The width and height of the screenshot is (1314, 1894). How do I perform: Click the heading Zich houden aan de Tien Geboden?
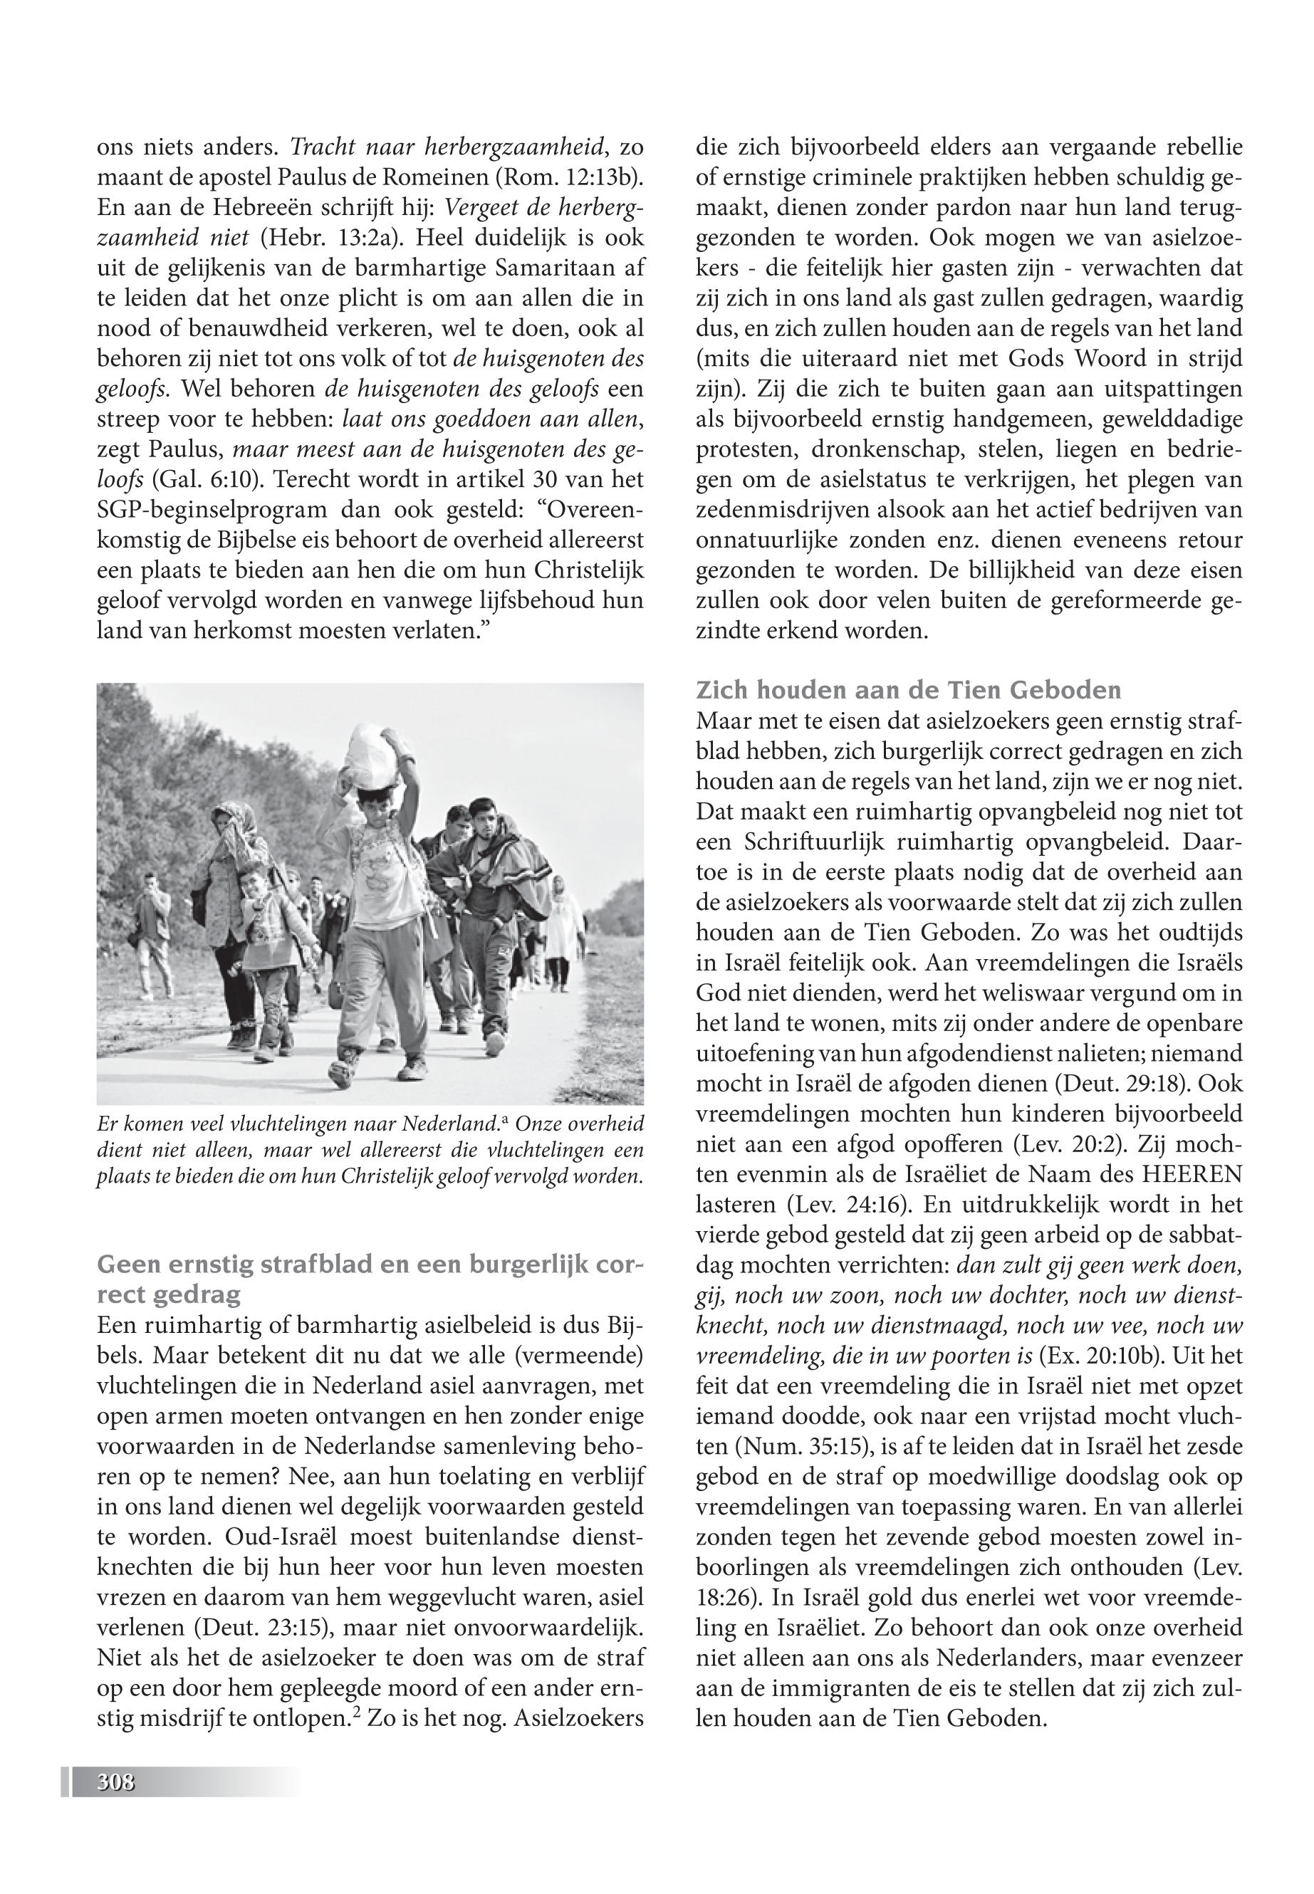coord(908,689)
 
